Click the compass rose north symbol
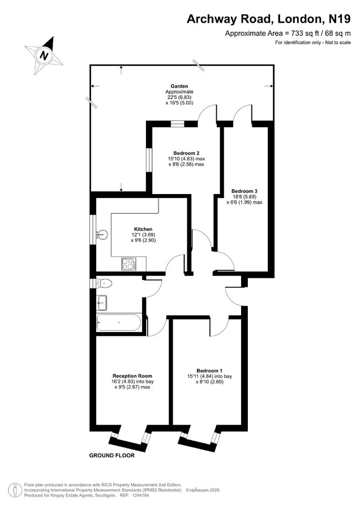click(44, 54)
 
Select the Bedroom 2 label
click(186, 153)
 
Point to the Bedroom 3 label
click(244, 191)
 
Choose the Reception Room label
click(132, 376)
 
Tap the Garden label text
click(179, 86)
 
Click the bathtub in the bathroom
click(119, 323)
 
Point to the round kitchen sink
click(103, 234)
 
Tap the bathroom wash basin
click(102, 303)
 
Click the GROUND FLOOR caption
click(112, 455)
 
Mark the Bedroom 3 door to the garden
click(242, 113)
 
